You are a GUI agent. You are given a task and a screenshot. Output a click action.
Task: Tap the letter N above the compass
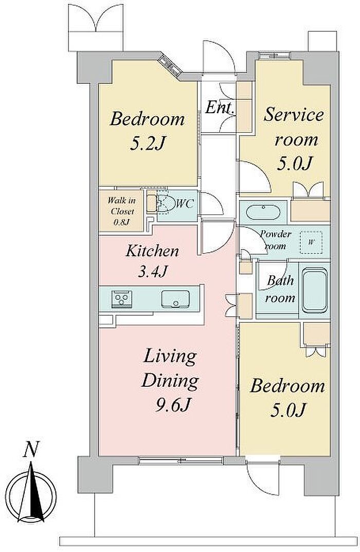point(31,450)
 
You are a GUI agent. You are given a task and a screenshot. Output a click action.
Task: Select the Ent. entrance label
point(220,108)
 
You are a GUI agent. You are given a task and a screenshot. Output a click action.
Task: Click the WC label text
point(185,204)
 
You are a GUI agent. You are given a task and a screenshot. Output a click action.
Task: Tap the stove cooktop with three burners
point(122,299)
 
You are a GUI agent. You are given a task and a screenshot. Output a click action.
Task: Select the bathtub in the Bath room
point(315,291)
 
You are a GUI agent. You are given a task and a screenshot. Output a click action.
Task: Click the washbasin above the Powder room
point(263,212)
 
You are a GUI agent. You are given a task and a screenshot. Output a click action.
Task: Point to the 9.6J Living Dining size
point(173,405)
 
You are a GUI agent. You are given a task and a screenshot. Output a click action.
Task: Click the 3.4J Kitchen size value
point(152,272)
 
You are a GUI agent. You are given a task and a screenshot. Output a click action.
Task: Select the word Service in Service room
point(294,115)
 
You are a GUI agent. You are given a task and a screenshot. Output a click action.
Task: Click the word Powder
point(276,234)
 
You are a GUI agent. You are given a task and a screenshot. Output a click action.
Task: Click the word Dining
point(170,381)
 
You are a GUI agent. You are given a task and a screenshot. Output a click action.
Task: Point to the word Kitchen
point(152,252)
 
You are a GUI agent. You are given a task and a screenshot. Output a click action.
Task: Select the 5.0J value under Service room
point(295,164)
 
